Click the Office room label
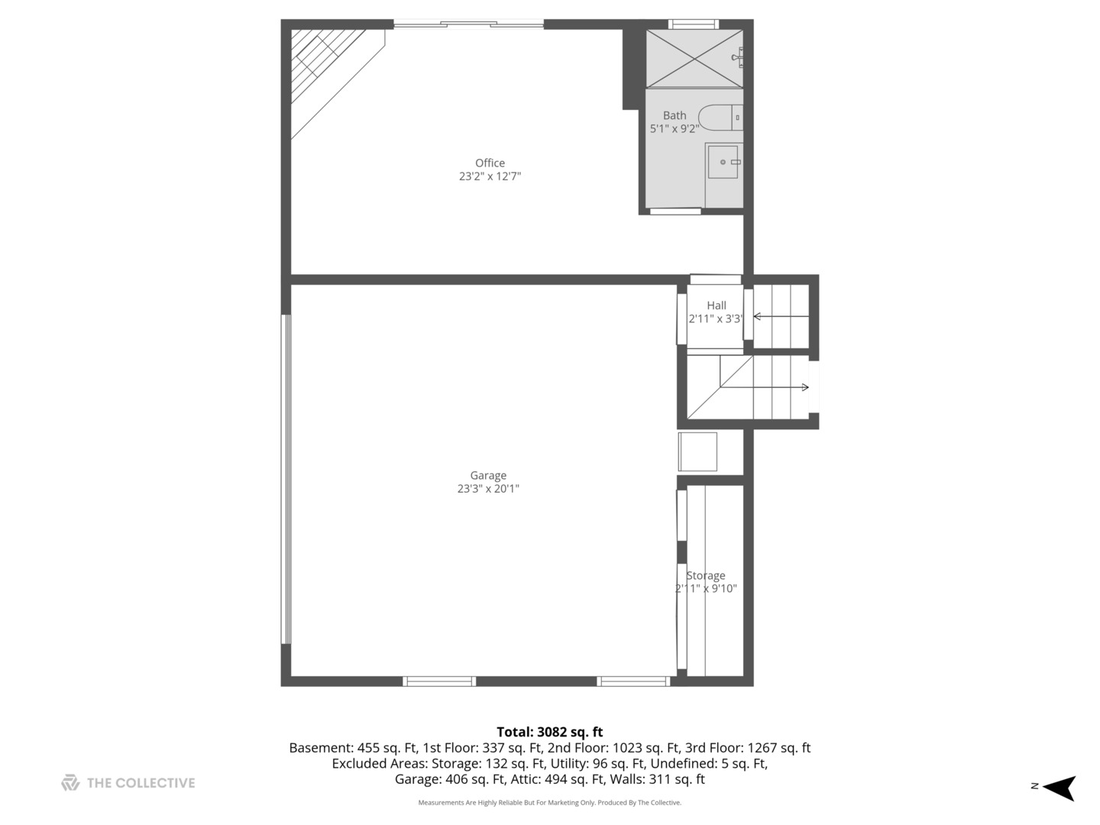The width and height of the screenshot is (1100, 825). [x=490, y=163]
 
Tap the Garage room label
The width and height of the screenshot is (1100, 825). [x=488, y=475]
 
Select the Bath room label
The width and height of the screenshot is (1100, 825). [x=675, y=115]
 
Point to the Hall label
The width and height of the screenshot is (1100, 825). [x=716, y=305]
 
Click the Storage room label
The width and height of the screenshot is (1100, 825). [x=706, y=575]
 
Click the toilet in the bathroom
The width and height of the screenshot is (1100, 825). [x=720, y=118]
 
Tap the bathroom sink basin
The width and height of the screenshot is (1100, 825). [x=723, y=162]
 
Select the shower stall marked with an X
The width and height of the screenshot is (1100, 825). [x=694, y=59]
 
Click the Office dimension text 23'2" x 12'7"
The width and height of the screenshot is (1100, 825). [x=490, y=176]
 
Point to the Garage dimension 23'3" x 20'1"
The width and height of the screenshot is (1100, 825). [x=488, y=488]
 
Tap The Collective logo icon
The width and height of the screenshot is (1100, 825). [x=70, y=782]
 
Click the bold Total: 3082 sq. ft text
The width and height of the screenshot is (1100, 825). [x=550, y=732]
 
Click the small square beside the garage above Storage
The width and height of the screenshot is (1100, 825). [x=697, y=451]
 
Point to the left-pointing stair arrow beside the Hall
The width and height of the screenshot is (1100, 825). [x=781, y=316]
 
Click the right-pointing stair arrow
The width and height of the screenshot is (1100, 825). [x=764, y=387]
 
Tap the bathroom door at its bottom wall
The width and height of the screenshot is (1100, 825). [x=675, y=212]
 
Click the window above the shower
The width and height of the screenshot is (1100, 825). [x=694, y=24]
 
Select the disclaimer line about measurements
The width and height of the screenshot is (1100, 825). [x=550, y=802]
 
